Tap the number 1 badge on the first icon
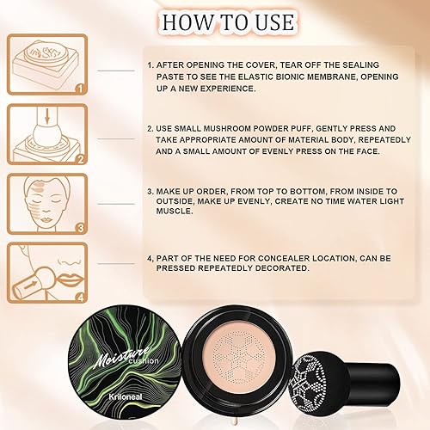[78, 87]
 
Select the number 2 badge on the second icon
[78, 157]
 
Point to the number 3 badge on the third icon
[78, 228]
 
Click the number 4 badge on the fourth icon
[78, 298]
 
